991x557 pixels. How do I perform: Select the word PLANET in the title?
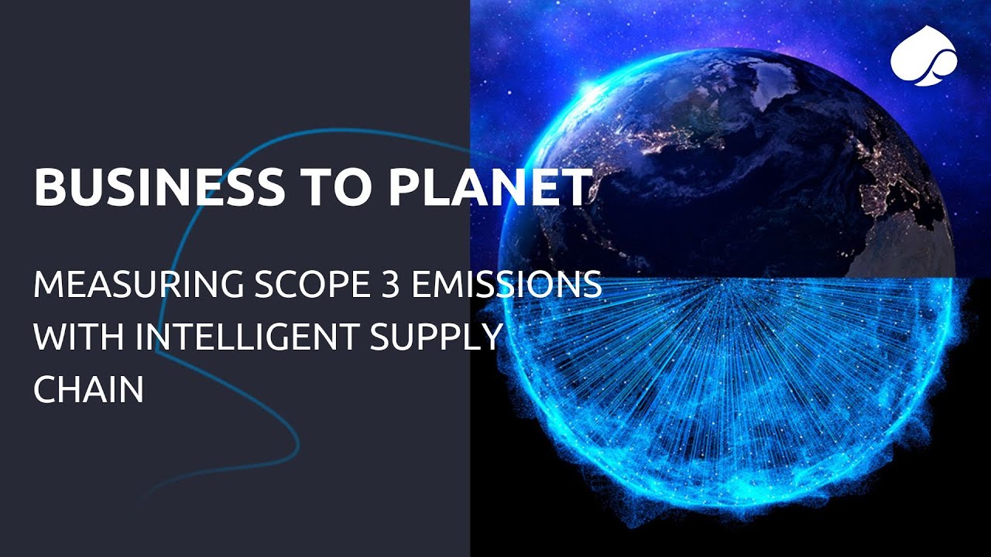click(x=472, y=187)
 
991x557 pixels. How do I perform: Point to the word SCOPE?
click(x=298, y=285)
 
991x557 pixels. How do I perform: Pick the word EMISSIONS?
click(x=503, y=285)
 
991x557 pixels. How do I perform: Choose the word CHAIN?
click(x=88, y=389)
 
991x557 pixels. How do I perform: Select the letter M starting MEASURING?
click(x=48, y=285)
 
